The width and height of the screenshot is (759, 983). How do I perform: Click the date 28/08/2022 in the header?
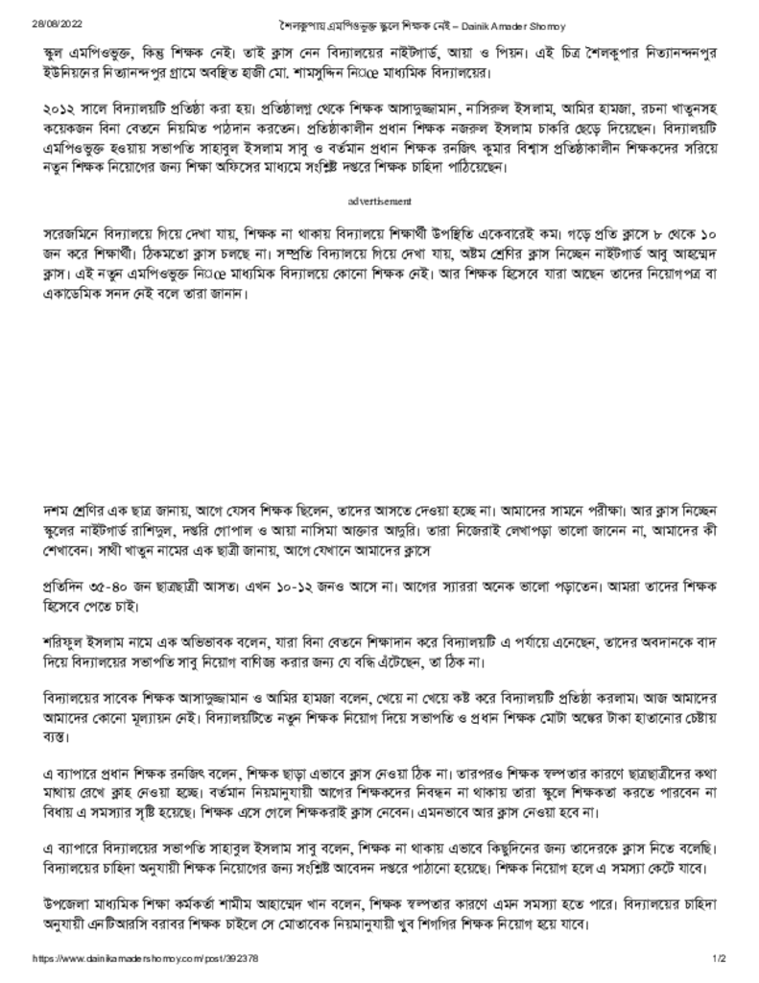(51, 21)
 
